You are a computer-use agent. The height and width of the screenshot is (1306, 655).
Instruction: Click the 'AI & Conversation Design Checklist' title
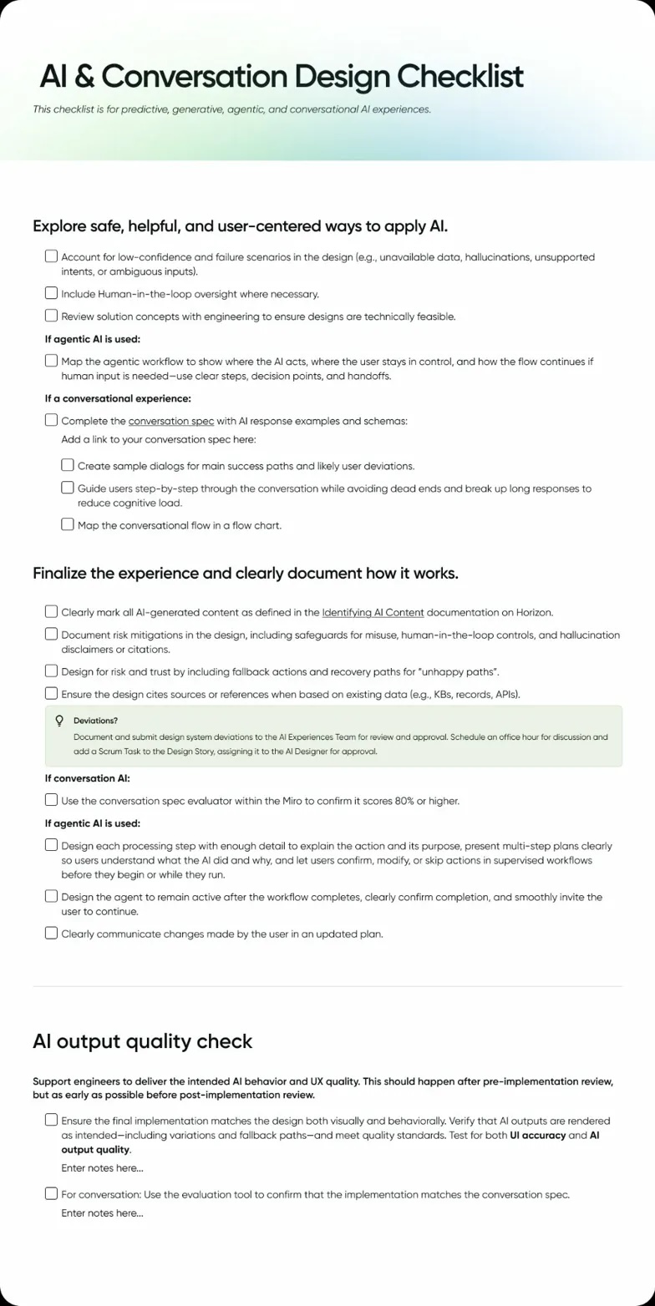pos(282,77)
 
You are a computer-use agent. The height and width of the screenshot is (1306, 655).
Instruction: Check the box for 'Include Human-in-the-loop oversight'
pos(52,293)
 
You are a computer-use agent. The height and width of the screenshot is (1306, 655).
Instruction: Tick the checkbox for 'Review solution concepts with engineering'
pos(52,316)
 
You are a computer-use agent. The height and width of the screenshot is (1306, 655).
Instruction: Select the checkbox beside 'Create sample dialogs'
pos(68,465)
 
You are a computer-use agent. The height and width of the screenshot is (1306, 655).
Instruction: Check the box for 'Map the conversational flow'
pos(68,524)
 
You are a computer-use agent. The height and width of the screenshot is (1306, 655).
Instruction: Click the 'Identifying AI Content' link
pos(373,612)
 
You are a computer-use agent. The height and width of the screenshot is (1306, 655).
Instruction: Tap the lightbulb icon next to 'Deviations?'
pos(59,720)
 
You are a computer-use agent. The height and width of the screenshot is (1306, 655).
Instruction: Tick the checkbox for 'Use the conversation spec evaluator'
pos(52,800)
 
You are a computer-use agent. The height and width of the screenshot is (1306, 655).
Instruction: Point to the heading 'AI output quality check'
pos(142,1041)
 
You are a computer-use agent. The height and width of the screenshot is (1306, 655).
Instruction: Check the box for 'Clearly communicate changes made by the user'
pos(52,934)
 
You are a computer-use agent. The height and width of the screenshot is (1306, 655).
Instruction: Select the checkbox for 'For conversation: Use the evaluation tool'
pos(52,1193)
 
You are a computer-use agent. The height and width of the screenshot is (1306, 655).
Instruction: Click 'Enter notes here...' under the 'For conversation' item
pos(102,1212)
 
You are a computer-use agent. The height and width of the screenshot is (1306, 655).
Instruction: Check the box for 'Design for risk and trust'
pos(52,671)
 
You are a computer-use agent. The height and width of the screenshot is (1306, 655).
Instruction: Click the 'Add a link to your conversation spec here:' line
pos(159,439)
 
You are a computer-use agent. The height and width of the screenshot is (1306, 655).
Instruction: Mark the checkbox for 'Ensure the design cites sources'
pos(52,693)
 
